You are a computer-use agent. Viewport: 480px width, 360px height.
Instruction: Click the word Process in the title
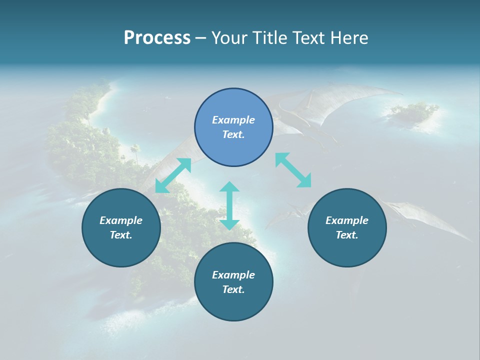pos(157,38)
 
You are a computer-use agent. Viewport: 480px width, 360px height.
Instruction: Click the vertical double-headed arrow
pos(229,205)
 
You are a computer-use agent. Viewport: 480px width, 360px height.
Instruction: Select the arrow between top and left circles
pos(173,175)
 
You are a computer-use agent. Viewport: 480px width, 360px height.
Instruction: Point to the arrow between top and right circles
pos(293,170)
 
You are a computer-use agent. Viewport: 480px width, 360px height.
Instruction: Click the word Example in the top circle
pos(233,120)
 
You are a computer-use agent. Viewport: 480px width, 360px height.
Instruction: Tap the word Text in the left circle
pos(121,235)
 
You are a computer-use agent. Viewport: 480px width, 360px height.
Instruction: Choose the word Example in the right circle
pos(347,220)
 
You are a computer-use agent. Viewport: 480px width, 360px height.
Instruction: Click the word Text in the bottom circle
pos(233,289)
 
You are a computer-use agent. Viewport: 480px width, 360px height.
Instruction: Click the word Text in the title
pos(312,38)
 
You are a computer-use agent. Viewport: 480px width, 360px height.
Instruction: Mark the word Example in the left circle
pos(121,220)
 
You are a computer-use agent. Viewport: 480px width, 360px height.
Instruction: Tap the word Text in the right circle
pos(347,235)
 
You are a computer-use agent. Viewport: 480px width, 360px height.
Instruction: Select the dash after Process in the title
pos(201,38)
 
